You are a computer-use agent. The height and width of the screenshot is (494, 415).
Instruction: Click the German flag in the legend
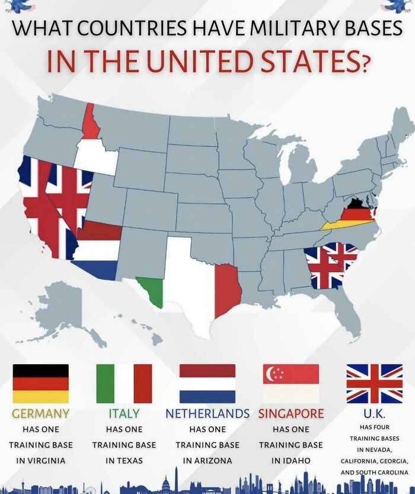coord(40,384)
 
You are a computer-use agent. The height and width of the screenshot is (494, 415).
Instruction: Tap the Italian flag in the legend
coord(124,384)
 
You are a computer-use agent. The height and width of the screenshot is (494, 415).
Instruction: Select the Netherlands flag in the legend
coord(207,384)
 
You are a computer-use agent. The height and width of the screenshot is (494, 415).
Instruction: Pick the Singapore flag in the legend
coord(291,384)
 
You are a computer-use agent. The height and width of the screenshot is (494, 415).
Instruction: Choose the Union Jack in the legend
coord(374,384)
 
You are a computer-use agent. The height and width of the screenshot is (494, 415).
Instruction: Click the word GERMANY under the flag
coord(40,413)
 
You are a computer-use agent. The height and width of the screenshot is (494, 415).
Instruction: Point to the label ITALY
coord(124,413)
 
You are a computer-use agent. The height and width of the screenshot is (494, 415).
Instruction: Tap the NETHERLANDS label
coord(207,413)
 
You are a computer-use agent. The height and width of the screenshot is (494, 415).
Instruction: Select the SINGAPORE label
coord(291,413)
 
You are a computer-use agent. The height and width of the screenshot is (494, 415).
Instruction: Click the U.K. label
coord(374,413)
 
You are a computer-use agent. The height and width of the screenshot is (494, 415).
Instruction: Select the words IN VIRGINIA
coord(40,460)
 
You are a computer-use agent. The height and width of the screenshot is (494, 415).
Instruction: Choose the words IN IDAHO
coord(291,460)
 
